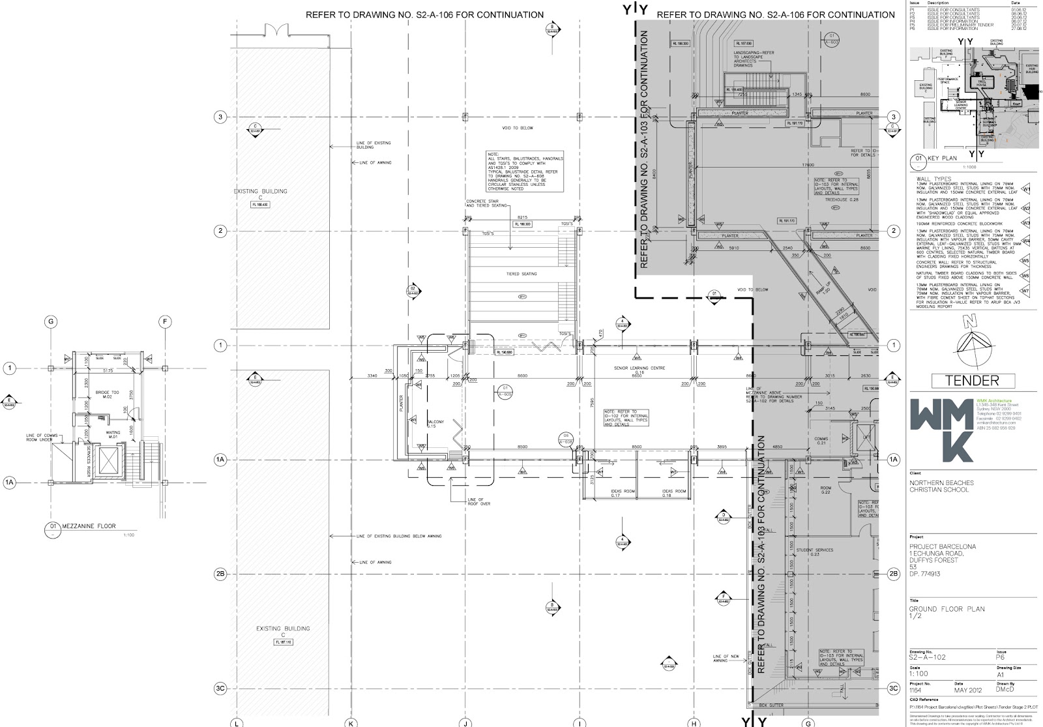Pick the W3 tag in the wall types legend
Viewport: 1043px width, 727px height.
(x=1025, y=224)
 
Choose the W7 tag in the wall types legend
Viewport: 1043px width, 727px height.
(x=1025, y=291)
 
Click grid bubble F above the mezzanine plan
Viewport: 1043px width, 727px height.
(x=165, y=321)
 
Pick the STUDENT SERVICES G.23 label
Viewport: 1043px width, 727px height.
(x=814, y=552)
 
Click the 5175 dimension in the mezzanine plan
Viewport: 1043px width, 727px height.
(x=100, y=372)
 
